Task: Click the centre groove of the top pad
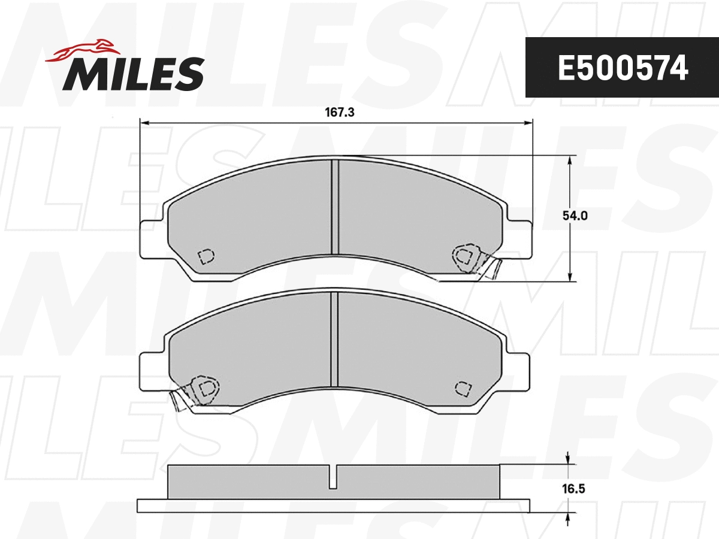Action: pos(336,207)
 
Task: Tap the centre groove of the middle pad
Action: pos(336,340)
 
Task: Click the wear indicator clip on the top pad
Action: pos(479,261)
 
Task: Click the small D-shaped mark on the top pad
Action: pos(206,256)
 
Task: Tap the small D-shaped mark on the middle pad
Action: pos(462,387)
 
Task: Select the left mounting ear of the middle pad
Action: pos(152,371)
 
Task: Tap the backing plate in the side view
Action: pos(334,505)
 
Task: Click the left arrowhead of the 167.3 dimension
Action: pos(144,123)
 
